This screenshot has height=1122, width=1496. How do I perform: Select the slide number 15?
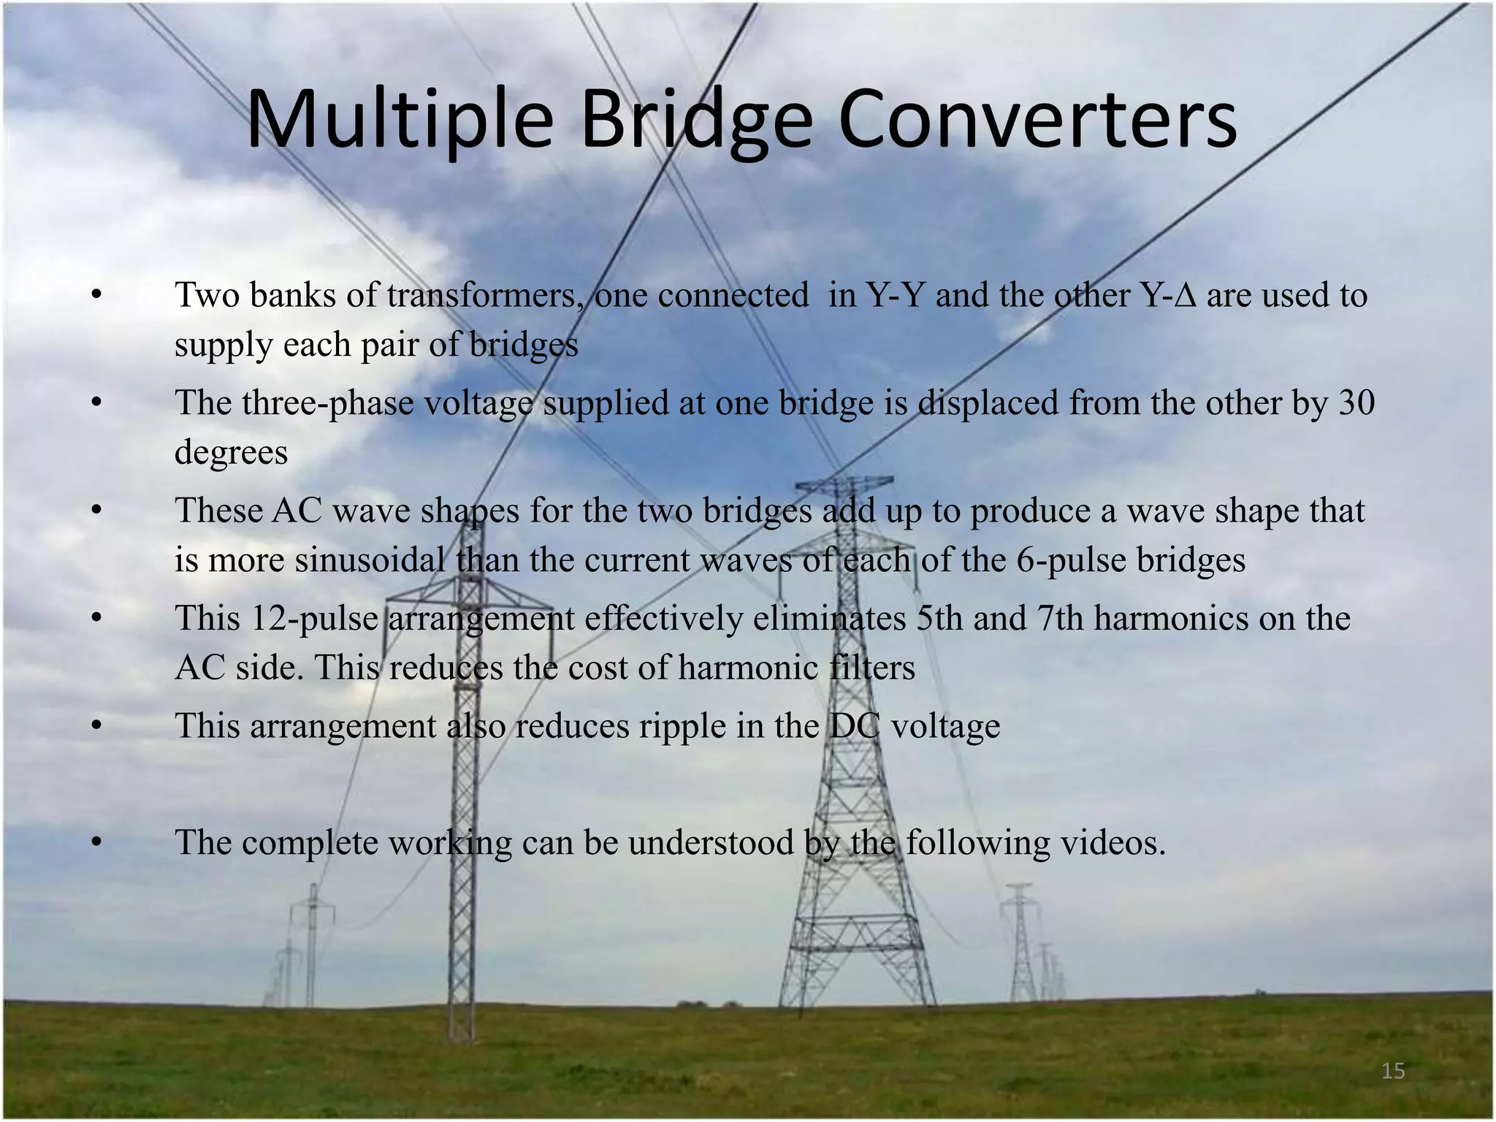[x=1393, y=1071]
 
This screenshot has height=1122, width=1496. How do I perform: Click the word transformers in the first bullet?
[x=481, y=296]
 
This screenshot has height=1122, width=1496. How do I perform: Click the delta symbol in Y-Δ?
[x=1188, y=296]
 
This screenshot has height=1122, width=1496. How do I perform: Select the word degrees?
[x=231, y=453]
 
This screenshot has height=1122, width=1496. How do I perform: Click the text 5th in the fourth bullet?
[x=939, y=619]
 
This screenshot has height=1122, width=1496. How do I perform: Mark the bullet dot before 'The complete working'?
[x=95, y=844]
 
